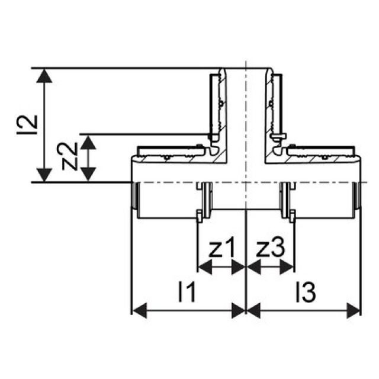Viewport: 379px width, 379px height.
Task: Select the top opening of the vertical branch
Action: point(245,70)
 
